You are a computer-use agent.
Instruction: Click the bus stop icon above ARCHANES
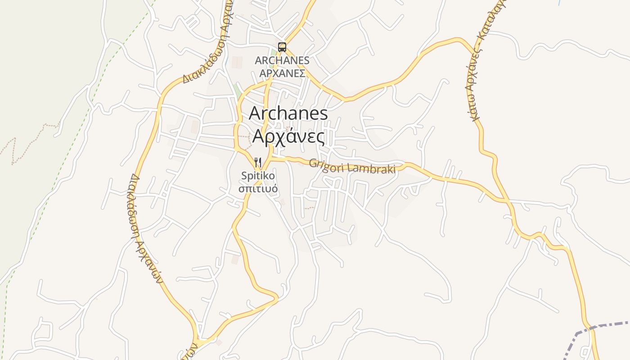click(282, 47)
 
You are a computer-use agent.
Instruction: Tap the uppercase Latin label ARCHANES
click(282, 60)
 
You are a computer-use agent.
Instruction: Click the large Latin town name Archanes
click(288, 113)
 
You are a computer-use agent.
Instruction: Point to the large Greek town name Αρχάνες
click(288, 135)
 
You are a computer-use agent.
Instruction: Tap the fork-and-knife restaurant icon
click(258, 162)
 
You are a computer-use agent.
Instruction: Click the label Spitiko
click(258, 175)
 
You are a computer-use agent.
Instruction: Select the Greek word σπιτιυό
click(258, 188)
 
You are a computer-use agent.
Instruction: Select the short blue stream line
click(559, 2)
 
